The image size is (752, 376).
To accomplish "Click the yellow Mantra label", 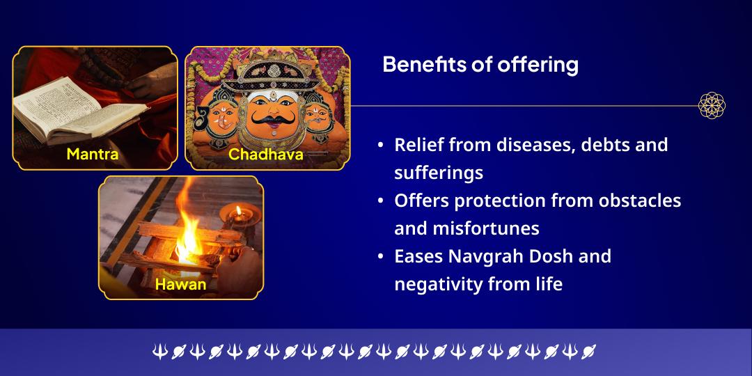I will pyautogui.click(x=93, y=154).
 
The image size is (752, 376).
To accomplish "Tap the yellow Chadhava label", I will pyautogui.click(x=265, y=154).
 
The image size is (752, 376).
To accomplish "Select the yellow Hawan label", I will pyautogui.click(x=180, y=284).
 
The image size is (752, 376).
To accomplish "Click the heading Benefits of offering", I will pyautogui.click(x=480, y=65).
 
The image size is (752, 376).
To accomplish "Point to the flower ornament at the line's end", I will pyautogui.click(x=712, y=106).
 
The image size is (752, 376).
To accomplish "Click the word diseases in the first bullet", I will pyautogui.click(x=505, y=145).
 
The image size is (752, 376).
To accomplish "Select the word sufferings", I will pyautogui.click(x=439, y=172).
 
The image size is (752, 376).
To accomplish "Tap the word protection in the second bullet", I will pyautogui.click(x=497, y=201).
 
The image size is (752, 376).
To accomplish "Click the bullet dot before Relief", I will pyautogui.click(x=380, y=146).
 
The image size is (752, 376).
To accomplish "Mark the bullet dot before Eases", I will pyautogui.click(x=380, y=257).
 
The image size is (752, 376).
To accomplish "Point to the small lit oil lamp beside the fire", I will pyautogui.click(x=238, y=213).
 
